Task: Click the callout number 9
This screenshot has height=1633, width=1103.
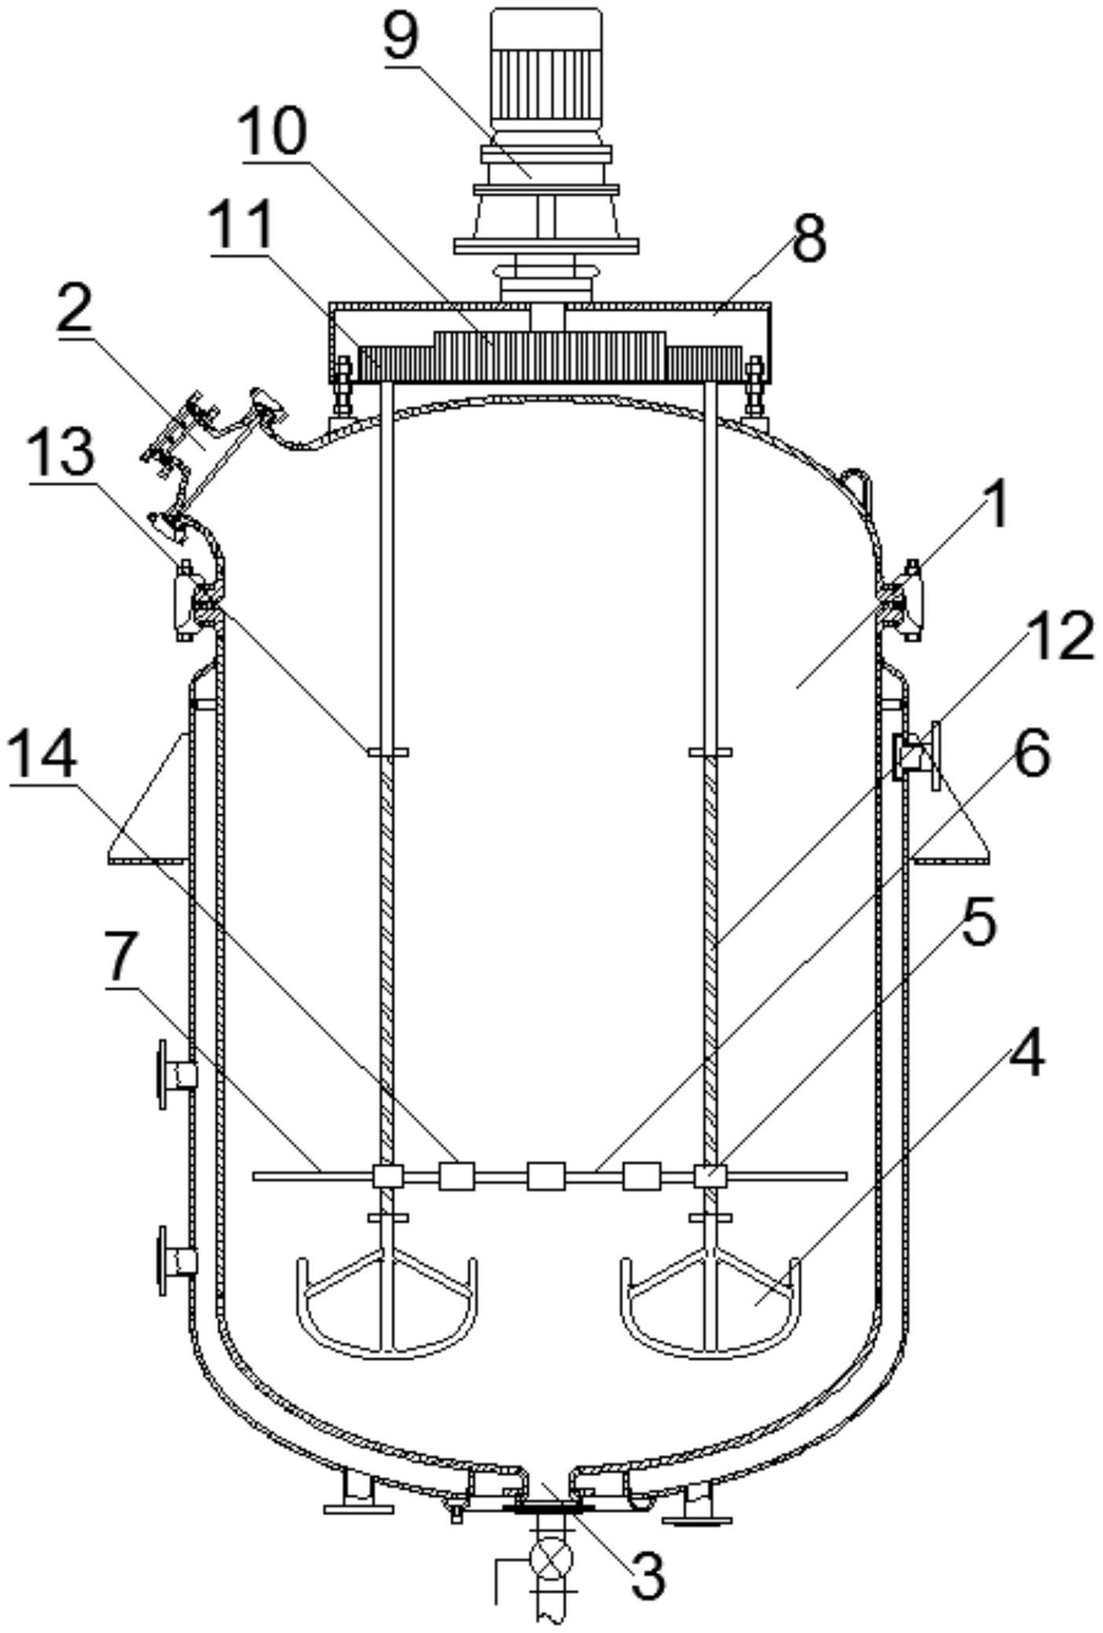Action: pos(401,38)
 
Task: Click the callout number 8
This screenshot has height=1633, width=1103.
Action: pos(808,240)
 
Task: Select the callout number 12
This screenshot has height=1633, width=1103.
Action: pos(1058,636)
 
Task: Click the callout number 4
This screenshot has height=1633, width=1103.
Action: pos(1026,1054)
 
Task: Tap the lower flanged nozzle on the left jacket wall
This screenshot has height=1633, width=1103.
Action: pos(176,1261)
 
